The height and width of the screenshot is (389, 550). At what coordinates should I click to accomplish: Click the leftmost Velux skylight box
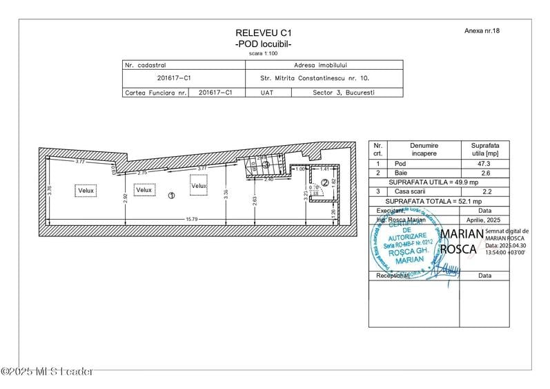click(86, 190)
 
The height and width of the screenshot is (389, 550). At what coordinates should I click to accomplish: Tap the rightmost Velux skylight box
click(199, 186)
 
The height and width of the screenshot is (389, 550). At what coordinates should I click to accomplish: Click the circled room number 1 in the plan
click(171, 196)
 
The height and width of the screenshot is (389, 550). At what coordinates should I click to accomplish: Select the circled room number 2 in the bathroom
click(325, 182)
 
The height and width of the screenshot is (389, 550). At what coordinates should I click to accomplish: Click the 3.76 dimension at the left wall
click(50, 191)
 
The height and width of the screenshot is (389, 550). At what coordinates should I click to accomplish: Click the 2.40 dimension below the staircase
click(269, 180)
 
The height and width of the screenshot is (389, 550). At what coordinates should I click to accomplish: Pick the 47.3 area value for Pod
click(484, 164)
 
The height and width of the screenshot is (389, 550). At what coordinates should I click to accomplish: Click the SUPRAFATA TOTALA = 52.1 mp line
click(439, 200)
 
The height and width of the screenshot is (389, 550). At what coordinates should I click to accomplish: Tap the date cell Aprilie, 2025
click(484, 219)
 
